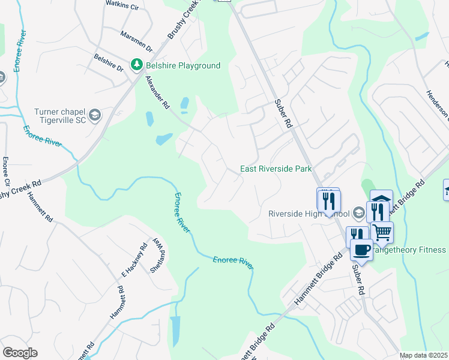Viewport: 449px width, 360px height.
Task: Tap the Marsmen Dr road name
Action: click(137, 41)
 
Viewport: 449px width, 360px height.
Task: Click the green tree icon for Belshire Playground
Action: click(137, 65)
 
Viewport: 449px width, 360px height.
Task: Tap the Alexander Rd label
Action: click(157, 92)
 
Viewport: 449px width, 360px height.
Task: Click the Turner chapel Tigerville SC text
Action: click(59, 116)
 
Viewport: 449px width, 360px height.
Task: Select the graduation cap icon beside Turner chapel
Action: click(94, 114)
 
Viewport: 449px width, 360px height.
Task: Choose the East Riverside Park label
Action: click(276, 169)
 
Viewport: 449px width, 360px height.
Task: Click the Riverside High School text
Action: click(308, 214)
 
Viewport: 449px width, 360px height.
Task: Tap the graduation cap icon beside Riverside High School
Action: click(358, 212)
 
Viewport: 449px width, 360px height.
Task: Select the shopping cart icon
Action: click(382, 231)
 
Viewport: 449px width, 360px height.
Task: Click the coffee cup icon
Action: click(361, 249)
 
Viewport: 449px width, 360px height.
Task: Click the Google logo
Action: click(20, 353)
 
